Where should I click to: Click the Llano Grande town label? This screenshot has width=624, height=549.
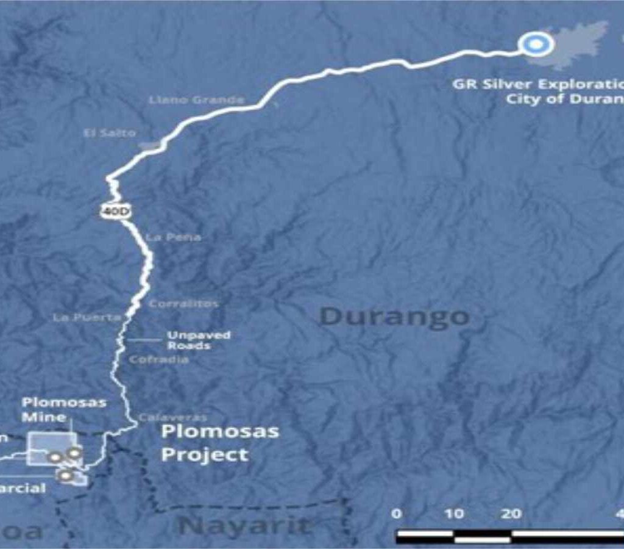click(196, 99)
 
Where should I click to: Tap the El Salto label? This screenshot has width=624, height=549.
click(110, 132)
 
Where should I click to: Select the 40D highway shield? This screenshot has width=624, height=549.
click(115, 210)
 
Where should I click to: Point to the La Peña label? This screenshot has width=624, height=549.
click(173, 237)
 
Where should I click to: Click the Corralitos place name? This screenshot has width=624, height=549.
click(183, 303)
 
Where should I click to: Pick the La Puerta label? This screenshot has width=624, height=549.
click(87, 317)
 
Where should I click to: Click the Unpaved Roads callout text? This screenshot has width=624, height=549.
click(190, 340)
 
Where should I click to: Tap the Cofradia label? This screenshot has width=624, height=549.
click(158, 360)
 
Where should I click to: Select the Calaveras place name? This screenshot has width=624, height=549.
click(172, 417)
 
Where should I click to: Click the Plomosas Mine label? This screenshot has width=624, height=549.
click(63, 409)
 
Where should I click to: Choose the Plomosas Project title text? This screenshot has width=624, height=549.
click(219, 443)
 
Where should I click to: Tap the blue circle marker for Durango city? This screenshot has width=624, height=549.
click(536, 43)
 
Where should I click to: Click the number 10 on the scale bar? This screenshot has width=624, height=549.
click(454, 514)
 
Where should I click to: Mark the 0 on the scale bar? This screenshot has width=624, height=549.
click(397, 514)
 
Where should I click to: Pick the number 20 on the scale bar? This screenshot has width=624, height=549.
click(511, 514)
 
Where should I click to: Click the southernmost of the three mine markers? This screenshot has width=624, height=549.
click(65, 475)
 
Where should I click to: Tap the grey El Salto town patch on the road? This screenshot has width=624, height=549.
click(150, 145)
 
